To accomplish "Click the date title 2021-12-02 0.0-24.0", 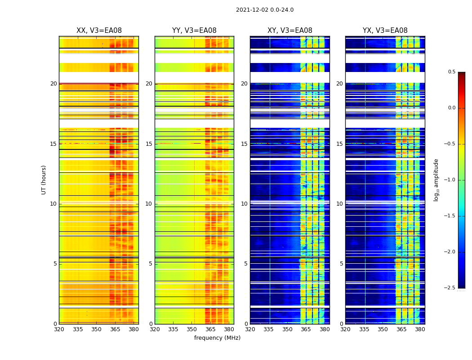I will [x=264, y=10].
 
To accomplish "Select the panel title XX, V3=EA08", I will [x=99, y=31].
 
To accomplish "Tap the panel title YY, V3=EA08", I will [x=194, y=31].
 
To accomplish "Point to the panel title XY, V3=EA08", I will [x=289, y=31].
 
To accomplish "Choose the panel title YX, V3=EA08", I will [x=385, y=31].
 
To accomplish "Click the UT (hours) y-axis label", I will [x=44, y=180].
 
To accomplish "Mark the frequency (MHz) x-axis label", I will [x=217, y=338].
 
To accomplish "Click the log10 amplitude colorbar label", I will [x=436, y=180].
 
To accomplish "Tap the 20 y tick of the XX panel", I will [x=53, y=84].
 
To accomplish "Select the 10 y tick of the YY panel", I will [x=149, y=204].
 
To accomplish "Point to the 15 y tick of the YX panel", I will [x=340, y=144].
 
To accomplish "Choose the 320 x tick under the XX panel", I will [x=59, y=329].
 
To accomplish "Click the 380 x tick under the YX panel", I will [x=420, y=329].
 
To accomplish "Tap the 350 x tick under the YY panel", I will [x=192, y=329].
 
